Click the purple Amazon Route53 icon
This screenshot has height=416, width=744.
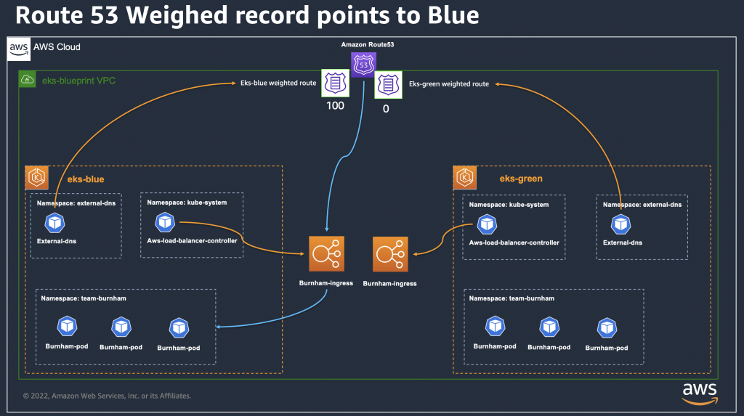click(363, 65)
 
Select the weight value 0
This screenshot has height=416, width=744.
click(386, 108)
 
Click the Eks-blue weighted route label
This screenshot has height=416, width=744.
click(278, 83)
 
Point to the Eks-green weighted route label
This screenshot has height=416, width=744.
click(448, 84)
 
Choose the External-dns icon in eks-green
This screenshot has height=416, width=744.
click(620, 224)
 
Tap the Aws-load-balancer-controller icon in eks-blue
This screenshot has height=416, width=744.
click(165, 222)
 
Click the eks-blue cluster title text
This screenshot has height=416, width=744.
click(86, 179)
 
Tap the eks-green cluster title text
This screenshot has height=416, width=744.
click(521, 179)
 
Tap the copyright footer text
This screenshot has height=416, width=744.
click(107, 396)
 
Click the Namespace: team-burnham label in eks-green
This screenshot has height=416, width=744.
click(511, 298)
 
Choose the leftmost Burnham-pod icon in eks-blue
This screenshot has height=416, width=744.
click(67, 326)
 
